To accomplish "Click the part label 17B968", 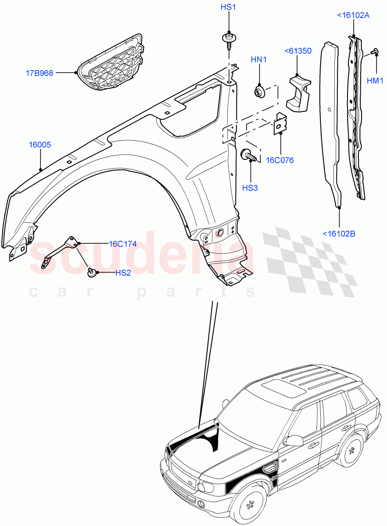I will tap(39, 73).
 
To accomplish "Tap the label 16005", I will tap(40, 144).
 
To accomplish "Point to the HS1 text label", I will tap(228, 7).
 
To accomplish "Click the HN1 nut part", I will tap(259, 92).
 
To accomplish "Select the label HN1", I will tap(259, 60).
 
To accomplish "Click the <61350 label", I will tap(297, 51).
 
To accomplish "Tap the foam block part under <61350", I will tap(298, 93).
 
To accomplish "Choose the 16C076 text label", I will tap(280, 160).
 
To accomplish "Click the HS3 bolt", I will tap(248, 155).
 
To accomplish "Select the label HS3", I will tap(250, 188).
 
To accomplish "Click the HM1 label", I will tap(376, 81).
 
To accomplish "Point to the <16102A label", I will tap(353, 15).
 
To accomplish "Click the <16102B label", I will tap(339, 234).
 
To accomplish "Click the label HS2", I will tap(123, 273).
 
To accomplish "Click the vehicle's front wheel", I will tap(250, 504).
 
